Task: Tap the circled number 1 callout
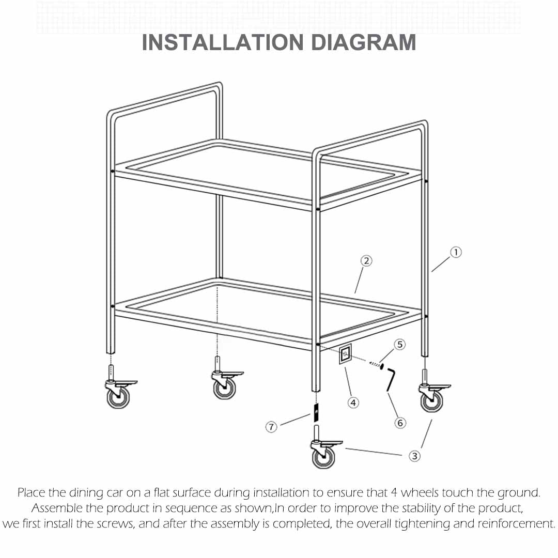(456, 252)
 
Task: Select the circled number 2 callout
(366, 261)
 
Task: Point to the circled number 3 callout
(414, 456)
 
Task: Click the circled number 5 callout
(400, 344)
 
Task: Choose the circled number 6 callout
(400, 423)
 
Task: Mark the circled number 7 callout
(272, 427)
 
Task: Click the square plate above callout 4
(345, 355)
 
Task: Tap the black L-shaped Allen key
(391, 380)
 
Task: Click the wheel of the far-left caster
(118, 397)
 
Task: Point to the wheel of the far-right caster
(431, 401)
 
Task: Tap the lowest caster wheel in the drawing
(323, 458)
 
